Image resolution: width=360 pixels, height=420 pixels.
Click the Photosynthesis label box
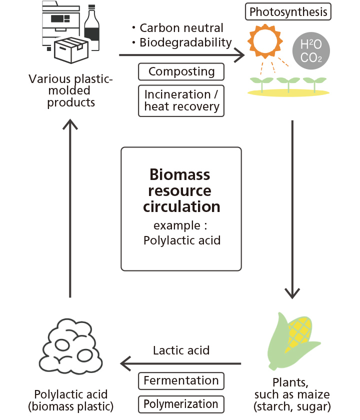pyautogui.click(x=289, y=12)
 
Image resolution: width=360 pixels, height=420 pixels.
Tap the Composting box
pyautogui.click(x=181, y=72)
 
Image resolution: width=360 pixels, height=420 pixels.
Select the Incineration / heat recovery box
pyautogui.click(x=181, y=100)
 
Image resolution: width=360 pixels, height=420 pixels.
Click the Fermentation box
pyautogui.click(x=181, y=381)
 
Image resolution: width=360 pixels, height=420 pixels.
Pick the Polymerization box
pyautogui.click(x=181, y=404)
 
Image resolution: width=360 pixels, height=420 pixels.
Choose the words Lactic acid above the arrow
pyautogui.click(x=181, y=350)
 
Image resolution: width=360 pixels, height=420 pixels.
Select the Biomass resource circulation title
pyautogui.click(x=181, y=190)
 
